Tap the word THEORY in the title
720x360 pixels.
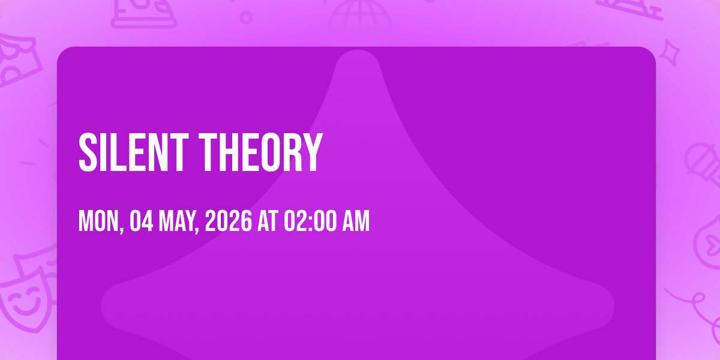point(260,152)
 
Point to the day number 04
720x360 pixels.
point(142,221)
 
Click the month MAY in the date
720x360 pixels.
point(178,221)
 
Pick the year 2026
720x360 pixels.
point(229,221)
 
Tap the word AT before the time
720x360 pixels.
point(268,221)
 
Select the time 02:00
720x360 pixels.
point(310,221)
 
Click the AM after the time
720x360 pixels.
point(356,221)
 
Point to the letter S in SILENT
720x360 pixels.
point(88,152)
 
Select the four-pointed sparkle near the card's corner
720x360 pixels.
point(670,53)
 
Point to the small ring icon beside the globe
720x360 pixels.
point(246,17)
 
